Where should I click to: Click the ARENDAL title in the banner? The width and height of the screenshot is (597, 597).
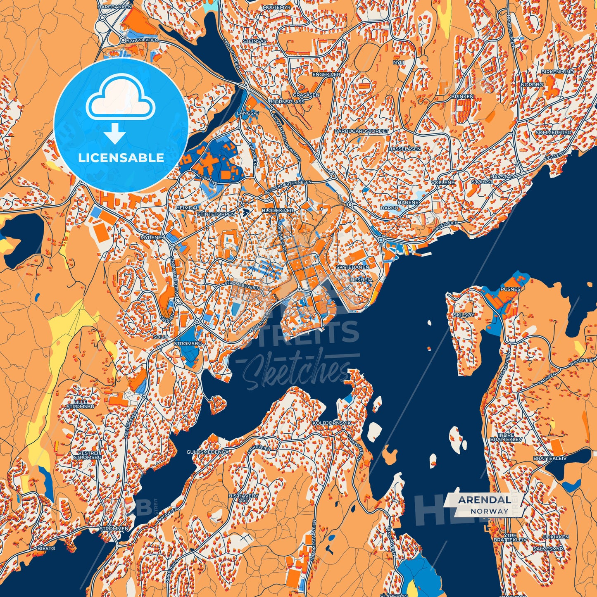pos(484,499)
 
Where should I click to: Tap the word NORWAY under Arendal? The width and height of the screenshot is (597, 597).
pos(489,511)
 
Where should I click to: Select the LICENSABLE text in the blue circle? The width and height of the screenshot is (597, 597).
pos(121,158)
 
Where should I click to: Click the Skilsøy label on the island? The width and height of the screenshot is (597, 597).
pos(464,315)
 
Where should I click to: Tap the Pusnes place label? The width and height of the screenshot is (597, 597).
pos(510,289)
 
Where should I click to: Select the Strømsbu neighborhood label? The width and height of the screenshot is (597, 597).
pos(188,343)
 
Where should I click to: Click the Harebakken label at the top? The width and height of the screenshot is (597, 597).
pos(114,7)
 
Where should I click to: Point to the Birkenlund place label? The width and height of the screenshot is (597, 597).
pos(557,71)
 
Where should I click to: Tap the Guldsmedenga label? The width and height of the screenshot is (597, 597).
pos(207,452)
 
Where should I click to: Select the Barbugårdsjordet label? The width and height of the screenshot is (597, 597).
pos(362,131)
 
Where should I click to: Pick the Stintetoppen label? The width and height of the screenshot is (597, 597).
pos(216,214)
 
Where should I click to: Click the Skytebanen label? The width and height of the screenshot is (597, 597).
pos(352,267)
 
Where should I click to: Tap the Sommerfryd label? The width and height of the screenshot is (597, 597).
pos(553,133)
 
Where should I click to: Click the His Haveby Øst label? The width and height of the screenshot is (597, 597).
pos(243,498)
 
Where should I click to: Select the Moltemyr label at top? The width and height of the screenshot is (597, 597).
pos(276,7)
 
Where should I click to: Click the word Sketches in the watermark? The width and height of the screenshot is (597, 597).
pos(295,371)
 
